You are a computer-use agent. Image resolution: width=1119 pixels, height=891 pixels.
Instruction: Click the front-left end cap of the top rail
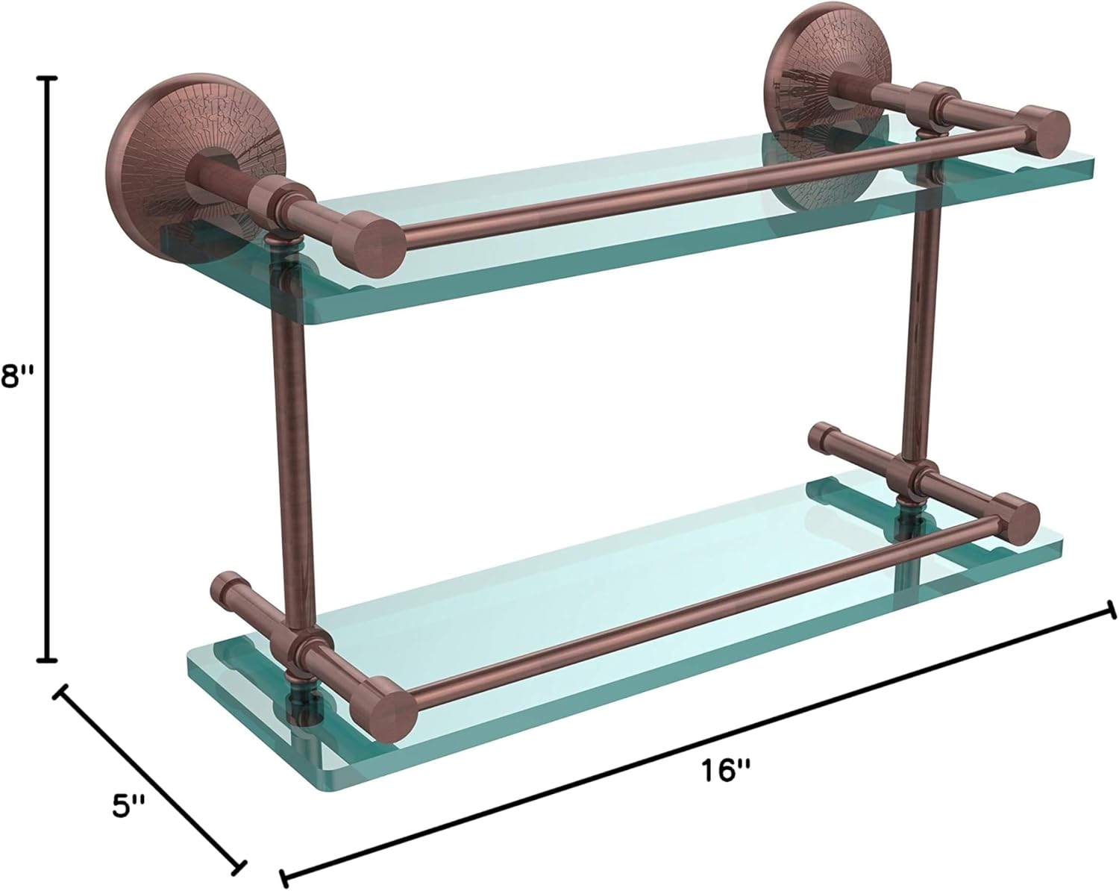pyautogui.click(x=380, y=242)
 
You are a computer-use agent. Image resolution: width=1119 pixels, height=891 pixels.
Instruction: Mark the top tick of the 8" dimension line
pyautogui.click(x=49, y=78)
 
